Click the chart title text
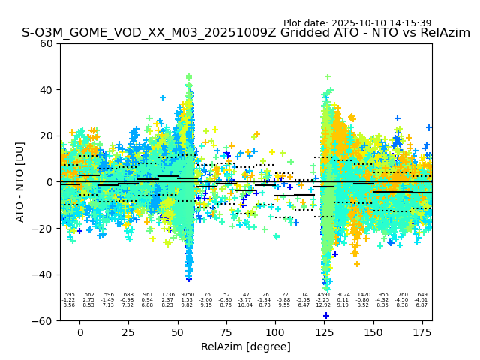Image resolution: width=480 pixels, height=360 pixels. pos(246,33)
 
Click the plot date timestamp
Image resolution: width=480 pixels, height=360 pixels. pos(357,23)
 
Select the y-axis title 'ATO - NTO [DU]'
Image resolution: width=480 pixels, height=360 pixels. pos(20,182)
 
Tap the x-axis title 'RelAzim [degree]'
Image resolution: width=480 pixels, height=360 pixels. pos(246,346)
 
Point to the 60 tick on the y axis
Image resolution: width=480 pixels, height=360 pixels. pos(47,43)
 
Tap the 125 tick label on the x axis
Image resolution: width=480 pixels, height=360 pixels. pos(324,331)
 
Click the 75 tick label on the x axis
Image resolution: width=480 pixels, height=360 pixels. pos(226,331)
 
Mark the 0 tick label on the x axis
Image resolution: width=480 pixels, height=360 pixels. pos(80,331)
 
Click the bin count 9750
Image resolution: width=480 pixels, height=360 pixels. pos(187,295)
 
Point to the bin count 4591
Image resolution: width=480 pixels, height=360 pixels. pos(324,295)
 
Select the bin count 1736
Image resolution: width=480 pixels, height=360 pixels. pos(167,295)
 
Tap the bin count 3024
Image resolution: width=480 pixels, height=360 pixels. pos(343,295)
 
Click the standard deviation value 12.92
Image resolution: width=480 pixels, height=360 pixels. pos(324,305)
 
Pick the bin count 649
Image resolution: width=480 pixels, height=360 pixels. pos(421,295)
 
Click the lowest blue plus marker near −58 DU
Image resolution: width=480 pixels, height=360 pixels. pos(326,316)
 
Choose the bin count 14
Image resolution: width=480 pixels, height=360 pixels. pos(304,295)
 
